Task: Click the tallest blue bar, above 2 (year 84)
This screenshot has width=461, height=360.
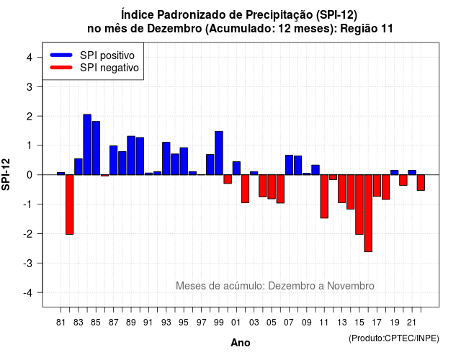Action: coord(87,145)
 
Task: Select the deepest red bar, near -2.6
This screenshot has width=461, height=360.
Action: coord(368,213)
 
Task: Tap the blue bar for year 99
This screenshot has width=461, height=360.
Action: coord(219,153)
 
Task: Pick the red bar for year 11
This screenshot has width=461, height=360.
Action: coord(324,197)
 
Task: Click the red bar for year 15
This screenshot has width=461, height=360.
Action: coord(359,204)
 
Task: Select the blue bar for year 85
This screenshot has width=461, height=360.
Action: coord(96,148)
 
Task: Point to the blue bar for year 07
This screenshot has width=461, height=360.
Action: coord(289,165)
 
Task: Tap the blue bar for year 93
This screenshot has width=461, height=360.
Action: coord(166,158)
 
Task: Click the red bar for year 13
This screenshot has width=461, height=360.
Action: coord(341,189)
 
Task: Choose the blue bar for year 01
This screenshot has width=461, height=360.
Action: coord(236,168)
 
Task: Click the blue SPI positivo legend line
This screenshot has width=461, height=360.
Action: coord(61,55)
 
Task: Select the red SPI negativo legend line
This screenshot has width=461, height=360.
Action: coord(61,68)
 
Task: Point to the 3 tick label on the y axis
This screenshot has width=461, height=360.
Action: coord(30,86)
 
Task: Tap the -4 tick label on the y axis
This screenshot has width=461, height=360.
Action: coord(28,293)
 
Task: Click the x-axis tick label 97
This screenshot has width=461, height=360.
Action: coord(202,323)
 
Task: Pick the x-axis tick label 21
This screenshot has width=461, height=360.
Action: coord(412,323)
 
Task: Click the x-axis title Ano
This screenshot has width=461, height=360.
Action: coord(240,343)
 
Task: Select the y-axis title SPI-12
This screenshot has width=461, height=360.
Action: coord(6,174)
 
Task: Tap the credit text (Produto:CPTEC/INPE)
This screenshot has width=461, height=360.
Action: coord(394,338)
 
